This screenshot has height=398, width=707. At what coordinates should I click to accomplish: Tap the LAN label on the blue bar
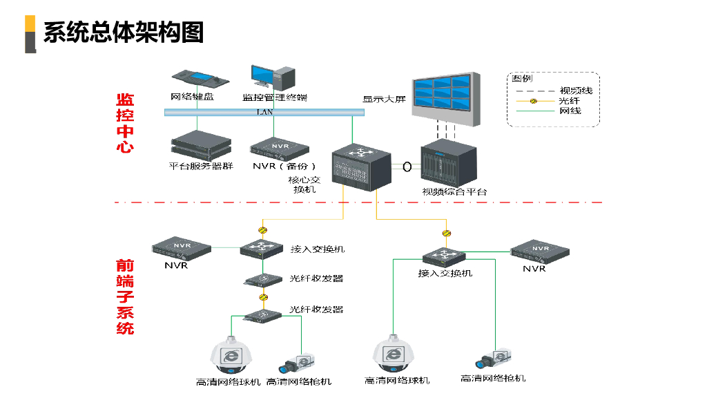click(x=265, y=112)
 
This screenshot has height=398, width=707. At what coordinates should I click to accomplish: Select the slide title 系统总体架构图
click(x=124, y=32)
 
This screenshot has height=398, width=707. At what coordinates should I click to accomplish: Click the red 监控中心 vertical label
click(x=125, y=123)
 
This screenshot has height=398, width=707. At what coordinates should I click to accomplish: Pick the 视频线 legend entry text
click(x=575, y=91)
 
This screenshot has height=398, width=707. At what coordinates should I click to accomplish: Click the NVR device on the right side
click(x=540, y=252)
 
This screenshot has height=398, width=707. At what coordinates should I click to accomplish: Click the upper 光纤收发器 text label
click(x=316, y=278)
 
